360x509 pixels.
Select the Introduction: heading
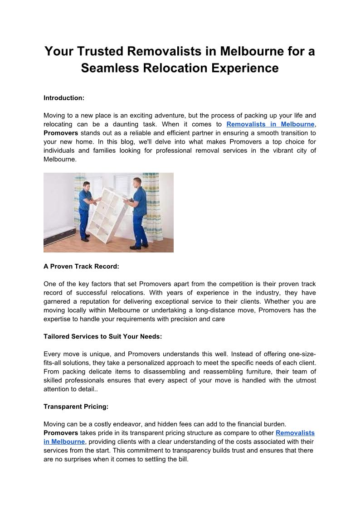click(64, 97)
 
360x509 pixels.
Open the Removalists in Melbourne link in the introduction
click(270, 124)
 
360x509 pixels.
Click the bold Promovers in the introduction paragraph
click(61, 133)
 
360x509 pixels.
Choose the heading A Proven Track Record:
click(81, 267)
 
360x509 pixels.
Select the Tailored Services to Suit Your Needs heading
click(102, 337)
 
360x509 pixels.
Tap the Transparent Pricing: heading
click(76, 407)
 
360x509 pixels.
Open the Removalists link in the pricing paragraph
click(295, 433)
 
